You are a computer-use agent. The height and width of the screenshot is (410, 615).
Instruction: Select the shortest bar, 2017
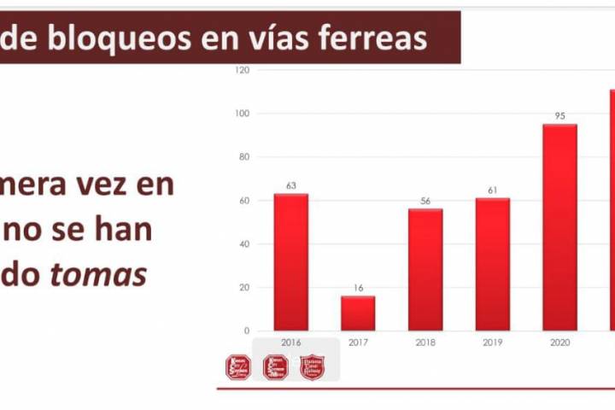click(x=358, y=313)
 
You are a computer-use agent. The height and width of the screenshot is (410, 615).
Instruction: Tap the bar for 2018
click(x=425, y=269)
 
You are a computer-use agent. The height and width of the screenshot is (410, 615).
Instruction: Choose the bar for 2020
click(x=559, y=227)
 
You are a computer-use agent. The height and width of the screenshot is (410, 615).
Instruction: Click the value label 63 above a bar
click(x=290, y=184)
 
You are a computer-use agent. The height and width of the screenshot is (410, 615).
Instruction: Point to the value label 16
click(x=358, y=288)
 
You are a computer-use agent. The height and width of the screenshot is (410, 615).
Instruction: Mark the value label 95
click(x=559, y=115)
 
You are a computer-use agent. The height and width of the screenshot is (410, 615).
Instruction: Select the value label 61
click(x=493, y=190)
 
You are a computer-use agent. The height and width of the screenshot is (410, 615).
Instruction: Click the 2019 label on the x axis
click(x=493, y=343)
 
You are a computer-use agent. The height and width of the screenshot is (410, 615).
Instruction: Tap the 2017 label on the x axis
click(x=358, y=343)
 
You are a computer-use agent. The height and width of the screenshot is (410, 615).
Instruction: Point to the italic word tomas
click(x=104, y=275)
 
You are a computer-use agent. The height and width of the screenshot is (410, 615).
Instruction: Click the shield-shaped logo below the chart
click(x=313, y=366)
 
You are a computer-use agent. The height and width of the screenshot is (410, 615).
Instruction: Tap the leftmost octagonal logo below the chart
click(x=238, y=366)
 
